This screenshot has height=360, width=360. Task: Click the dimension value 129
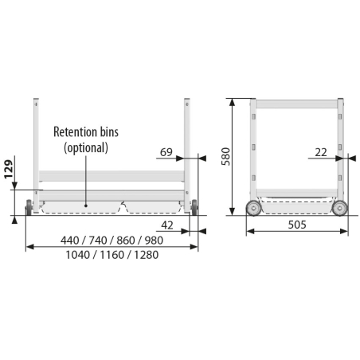(9, 169)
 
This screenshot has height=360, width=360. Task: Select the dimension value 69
(166, 152)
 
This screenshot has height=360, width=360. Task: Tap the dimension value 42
(167, 225)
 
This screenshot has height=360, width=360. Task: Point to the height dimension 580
(226, 156)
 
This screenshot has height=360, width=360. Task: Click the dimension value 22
(321, 152)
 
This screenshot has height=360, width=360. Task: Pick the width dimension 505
(297, 225)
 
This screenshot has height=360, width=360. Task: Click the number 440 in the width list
(69, 241)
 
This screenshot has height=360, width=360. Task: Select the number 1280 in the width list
(146, 255)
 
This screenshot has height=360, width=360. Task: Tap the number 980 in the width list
(154, 241)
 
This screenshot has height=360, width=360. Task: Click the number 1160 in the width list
(112, 255)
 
